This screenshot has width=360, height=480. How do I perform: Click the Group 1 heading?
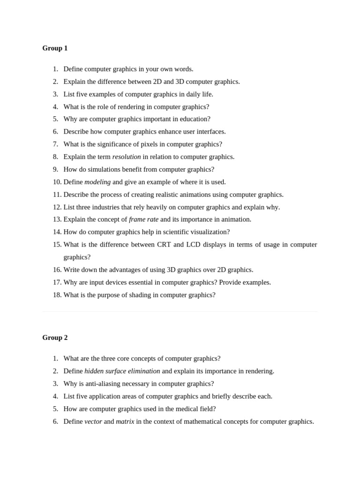tap(55, 48)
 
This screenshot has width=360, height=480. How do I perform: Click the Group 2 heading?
tap(55, 337)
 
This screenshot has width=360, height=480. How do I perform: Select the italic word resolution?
tap(127, 157)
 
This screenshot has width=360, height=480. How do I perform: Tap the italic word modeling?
tap(97, 182)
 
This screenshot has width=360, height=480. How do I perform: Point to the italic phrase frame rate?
tap(143, 219)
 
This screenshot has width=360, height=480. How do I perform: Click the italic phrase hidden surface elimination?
tap(122, 371)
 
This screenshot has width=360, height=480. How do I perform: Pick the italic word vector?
tap(93, 421)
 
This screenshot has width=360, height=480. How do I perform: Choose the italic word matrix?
tap(125, 421)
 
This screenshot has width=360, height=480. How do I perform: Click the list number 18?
tap(57, 295)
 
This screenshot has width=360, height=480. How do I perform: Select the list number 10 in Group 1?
tap(57, 182)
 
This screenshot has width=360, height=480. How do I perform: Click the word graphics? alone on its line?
tap(77, 257)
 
